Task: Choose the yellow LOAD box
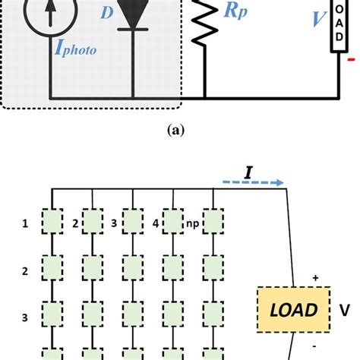coord(293,309)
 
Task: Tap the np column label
coord(193,224)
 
